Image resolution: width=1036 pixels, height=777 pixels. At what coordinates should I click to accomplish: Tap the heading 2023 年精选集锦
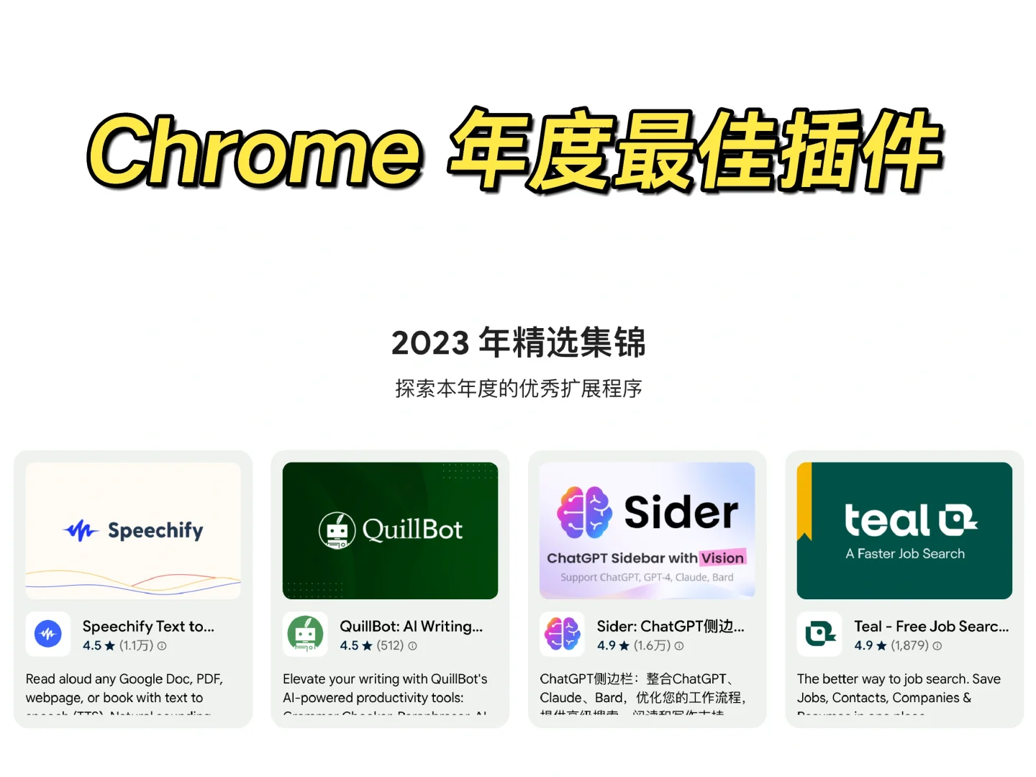[518, 342]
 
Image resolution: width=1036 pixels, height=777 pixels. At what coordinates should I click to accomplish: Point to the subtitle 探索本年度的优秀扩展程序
[518, 388]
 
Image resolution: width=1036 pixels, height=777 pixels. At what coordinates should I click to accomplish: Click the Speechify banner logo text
[155, 531]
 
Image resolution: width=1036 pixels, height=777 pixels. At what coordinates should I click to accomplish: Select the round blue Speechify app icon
[48, 634]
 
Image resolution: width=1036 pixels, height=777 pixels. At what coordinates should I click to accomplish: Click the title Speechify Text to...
[148, 627]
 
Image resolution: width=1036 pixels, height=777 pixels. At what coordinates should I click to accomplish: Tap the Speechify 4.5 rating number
[91, 646]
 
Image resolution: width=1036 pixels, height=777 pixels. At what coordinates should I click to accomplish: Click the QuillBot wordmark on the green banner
[412, 530]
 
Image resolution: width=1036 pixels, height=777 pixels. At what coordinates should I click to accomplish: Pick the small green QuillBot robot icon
[305, 634]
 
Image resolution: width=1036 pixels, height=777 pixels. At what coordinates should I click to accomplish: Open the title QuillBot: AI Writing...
[411, 627]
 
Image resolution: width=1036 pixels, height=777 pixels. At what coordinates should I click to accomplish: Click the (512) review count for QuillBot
[390, 646]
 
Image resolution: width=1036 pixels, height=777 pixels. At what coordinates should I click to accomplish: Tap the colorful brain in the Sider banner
[584, 512]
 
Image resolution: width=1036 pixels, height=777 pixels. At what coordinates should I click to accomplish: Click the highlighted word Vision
[722, 558]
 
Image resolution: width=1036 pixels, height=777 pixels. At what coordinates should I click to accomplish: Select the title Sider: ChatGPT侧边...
[671, 627]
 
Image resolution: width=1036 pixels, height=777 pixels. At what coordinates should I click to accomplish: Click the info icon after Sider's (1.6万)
[679, 646]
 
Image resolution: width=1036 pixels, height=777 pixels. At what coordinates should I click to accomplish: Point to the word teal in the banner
[887, 520]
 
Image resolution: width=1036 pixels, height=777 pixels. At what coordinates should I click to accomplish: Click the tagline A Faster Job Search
[905, 554]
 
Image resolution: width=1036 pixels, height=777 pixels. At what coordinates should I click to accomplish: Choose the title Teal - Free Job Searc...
[931, 627]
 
